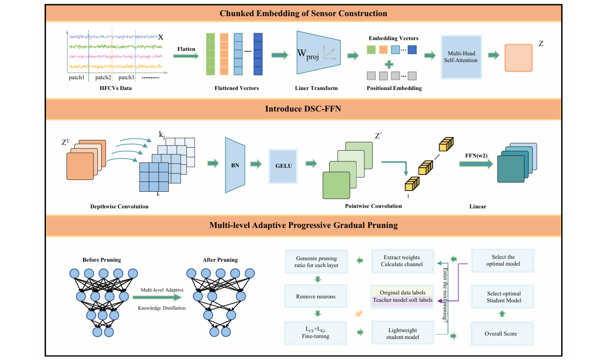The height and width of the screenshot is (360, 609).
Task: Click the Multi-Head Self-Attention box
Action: [461, 57]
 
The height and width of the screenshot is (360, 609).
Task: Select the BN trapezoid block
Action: [235, 165]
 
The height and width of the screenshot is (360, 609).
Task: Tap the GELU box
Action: [283, 166]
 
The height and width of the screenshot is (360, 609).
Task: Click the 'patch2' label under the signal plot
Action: [103, 77]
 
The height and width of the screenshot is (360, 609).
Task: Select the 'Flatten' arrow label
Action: [186, 49]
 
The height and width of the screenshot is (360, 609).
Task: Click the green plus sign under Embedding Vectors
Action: [389, 64]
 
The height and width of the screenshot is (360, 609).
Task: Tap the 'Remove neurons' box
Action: [316, 296]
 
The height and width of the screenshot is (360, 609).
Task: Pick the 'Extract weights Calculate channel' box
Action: [402, 261]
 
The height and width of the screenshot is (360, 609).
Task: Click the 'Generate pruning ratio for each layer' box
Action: [316, 262]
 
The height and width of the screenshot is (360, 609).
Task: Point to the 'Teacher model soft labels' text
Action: [402, 300]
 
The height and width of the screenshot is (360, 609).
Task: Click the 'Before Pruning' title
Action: [102, 259]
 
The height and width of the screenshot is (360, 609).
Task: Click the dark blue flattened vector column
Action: [258, 54]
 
